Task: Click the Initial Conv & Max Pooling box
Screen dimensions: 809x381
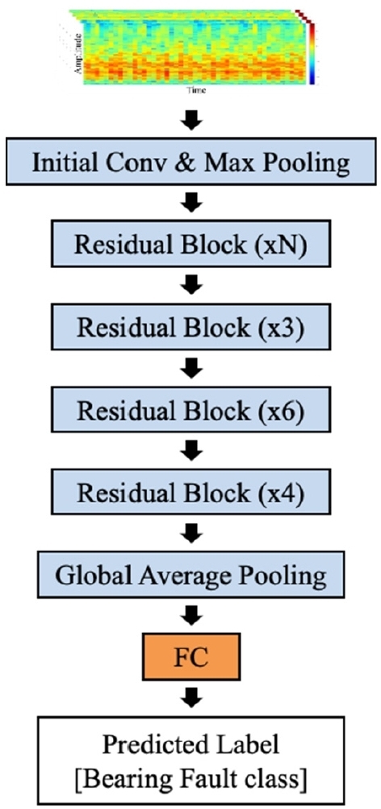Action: [x=190, y=163]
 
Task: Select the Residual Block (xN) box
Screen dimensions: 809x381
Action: [x=190, y=245]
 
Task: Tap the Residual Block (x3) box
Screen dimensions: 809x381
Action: [x=190, y=328]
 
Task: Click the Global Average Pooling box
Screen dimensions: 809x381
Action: [x=190, y=576]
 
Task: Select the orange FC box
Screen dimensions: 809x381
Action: [x=190, y=657]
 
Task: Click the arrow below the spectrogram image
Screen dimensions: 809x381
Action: [x=190, y=121]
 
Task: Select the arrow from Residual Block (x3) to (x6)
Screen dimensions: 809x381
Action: [x=190, y=369]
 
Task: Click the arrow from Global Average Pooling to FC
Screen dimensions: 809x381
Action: [x=190, y=617]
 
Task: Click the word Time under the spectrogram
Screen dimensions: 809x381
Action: [x=196, y=91]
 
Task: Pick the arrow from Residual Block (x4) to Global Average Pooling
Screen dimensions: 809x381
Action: [x=190, y=534]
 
